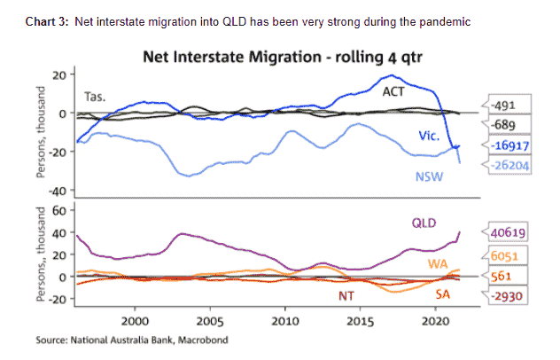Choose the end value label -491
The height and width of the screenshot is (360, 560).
502,106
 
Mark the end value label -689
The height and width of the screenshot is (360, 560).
502,126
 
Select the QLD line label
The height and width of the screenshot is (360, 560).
426,223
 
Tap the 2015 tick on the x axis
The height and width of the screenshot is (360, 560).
360,319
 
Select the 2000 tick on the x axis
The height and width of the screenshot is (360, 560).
136,319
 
